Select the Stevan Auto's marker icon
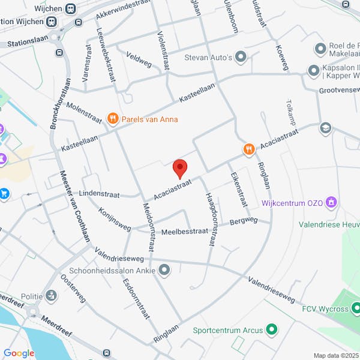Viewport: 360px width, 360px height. tap(241, 58)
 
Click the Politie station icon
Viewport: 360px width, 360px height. tap(52, 296)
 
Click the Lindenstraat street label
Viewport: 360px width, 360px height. tap(96, 196)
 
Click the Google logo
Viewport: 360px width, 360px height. tap(19, 353)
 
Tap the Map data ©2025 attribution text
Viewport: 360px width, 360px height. tap(336, 355)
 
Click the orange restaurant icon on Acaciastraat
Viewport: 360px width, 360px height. tap(248, 148)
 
